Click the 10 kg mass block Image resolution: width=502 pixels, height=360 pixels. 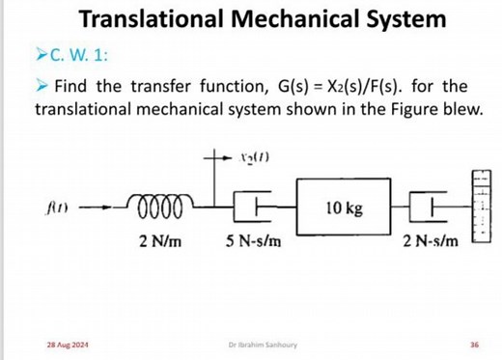344,208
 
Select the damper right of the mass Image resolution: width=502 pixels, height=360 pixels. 430,207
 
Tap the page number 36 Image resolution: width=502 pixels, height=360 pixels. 473,345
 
